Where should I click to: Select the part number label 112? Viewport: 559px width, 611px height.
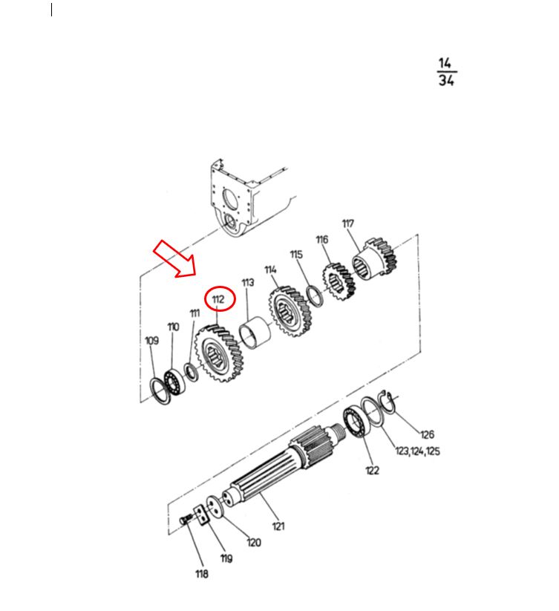(x=218, y=299)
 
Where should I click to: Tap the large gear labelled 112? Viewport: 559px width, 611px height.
(x=219, y=353)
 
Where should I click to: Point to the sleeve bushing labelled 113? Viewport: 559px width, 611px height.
(x=255, y=332)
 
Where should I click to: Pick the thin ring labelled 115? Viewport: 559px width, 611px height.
(x=314, y=296)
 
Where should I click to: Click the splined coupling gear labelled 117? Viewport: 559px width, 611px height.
(x=374, y=258)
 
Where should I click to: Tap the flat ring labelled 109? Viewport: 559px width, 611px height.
(x=160, y=391)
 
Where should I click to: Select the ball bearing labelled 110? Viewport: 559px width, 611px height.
(x=174, y=382)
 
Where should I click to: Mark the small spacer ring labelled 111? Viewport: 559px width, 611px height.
(x=192, y=372)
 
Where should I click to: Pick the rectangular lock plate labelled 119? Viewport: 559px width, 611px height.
(x=201, y=515)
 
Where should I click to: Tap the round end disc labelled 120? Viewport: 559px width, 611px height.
(x=214, y=506)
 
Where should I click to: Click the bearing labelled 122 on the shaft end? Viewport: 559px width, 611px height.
(x=356, y=422)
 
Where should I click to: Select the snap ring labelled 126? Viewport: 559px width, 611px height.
(x=389, y=402)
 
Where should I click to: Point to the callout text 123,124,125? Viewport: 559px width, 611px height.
(x=418, y=451)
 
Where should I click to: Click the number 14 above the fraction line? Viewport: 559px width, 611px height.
(x=445, y=63)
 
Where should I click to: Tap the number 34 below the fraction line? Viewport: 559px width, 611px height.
(x=446, y=80)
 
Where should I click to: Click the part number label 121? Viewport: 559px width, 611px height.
(x=278, y=526)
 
